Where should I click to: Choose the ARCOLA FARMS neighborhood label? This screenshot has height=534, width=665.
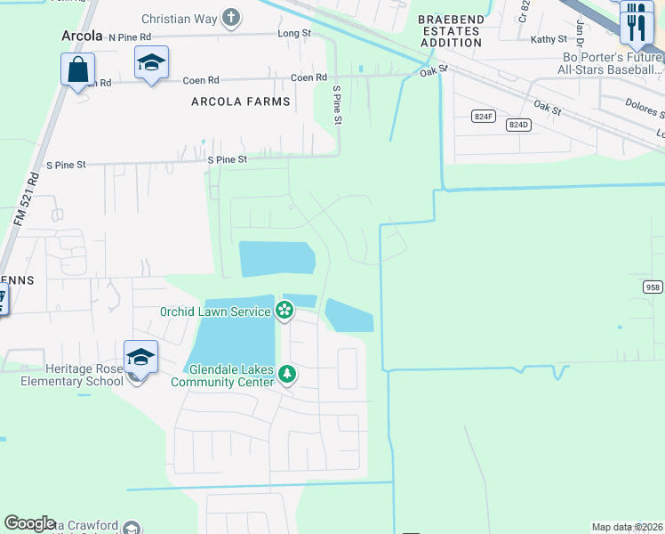point(241,101)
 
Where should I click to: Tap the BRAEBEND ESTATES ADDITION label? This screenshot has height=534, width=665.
point(450,30)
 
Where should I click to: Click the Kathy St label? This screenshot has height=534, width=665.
point(549,39)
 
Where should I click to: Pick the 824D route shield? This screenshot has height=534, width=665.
point(518,125)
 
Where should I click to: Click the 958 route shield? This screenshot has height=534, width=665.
point(653,287)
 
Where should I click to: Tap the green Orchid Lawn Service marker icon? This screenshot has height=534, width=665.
point(284,311)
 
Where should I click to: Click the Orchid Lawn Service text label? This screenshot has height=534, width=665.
point(215,311)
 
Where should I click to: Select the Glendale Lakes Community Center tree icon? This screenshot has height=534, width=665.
point(286,373)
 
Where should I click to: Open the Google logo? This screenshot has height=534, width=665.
point(29,523)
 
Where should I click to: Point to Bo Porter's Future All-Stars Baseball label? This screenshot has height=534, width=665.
point(608,61)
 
